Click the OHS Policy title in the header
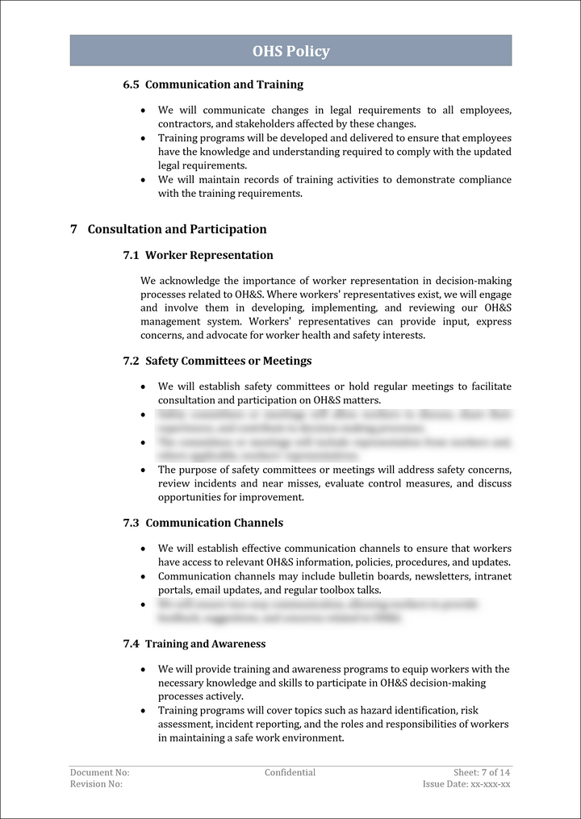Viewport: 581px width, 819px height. [290, 52]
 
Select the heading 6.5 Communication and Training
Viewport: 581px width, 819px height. [213, 85]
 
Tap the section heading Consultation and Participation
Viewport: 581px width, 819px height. [177, 229]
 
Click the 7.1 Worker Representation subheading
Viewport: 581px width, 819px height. [198, 256]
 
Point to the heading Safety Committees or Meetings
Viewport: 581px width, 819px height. [217, 361]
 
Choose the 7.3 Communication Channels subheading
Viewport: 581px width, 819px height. [203, 523]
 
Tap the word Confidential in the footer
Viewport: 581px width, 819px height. [290, 773]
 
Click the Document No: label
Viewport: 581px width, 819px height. [99, 773]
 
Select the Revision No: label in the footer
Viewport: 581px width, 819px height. [96, 784]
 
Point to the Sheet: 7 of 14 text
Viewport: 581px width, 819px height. [482, 773]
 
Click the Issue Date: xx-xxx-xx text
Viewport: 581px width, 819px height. [466, 784]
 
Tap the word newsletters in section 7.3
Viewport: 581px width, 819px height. [445, 576]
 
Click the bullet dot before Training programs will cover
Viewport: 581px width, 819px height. [144, 711]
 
